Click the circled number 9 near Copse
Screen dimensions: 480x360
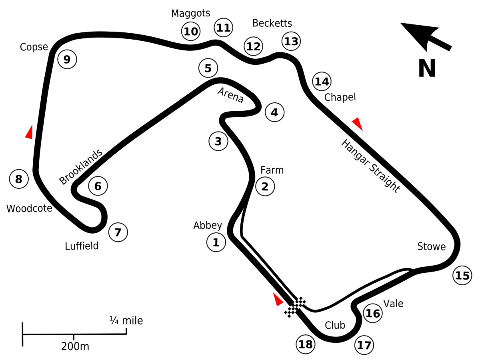coord(67,59)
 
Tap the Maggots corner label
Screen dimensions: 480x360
coord(191,14)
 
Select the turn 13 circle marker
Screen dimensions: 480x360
coord(291,41)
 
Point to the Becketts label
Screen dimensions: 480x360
coord(272,23)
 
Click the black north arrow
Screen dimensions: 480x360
coord(426,37)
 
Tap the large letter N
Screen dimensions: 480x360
coord(427,68)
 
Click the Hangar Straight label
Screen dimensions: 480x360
coord(371,166)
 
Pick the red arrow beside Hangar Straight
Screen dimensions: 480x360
coord(357,124)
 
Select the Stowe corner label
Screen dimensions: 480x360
coord(432,246)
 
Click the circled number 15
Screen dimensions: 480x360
coord(462,276)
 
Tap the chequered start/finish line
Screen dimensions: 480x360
coord(295,307)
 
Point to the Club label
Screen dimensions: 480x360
coord(335,326)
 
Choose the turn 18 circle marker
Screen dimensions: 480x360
coord(306,344)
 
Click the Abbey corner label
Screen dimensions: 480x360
coord(208,226)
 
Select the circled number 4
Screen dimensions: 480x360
coord(275,112)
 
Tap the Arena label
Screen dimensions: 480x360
coord(231,95)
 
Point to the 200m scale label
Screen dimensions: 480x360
coord(75,347)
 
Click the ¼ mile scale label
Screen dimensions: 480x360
coord(126,321)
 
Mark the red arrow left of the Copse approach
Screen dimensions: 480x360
coord(29,132)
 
